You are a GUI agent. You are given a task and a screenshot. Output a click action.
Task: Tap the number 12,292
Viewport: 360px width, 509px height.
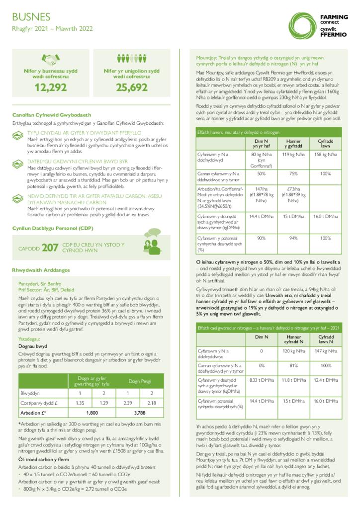point(50,87)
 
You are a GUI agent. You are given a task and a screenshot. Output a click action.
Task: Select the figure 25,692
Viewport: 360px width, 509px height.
point(132,87)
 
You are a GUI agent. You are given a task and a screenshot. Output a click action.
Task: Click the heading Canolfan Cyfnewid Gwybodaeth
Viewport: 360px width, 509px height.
point(52,115)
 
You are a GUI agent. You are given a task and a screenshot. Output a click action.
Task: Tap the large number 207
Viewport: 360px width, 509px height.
point(50,247)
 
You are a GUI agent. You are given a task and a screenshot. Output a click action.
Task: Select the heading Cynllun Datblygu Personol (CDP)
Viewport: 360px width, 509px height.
point(53,228)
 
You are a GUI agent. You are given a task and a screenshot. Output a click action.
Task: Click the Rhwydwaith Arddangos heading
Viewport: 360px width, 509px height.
point(41,270)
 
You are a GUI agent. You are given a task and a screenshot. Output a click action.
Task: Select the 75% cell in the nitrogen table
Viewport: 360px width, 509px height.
point(293,174)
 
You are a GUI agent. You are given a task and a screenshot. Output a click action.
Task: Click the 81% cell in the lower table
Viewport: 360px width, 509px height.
point(293,365)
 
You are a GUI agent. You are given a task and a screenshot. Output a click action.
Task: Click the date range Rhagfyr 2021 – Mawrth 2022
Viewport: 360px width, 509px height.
point(52,29)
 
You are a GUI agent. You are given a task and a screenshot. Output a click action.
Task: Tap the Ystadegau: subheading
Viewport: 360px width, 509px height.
point(31,339)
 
